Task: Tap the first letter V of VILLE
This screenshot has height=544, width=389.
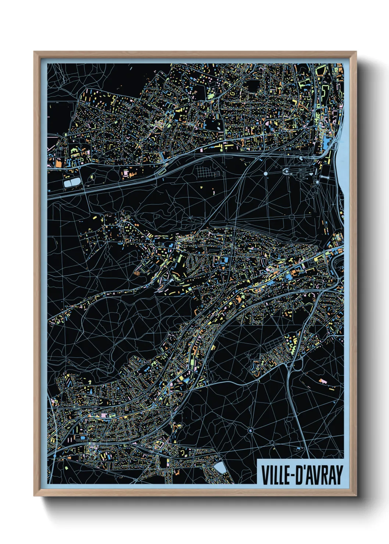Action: [x=264, y=475]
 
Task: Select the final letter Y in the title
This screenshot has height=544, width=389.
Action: [x=339, y=475]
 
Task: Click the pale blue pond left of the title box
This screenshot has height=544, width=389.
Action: [x=220, y=468]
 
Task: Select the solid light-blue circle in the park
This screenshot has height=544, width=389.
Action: [x=265, y=173]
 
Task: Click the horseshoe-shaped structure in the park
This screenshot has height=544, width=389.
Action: [x=286, y=171]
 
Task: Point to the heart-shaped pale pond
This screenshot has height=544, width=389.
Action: [x=311, y=171]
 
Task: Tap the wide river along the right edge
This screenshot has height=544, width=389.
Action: [x=340, y=165]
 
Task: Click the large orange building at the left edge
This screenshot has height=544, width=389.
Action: [x=58, y=163]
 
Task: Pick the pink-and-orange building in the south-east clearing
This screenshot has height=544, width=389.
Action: [x=323, y=381]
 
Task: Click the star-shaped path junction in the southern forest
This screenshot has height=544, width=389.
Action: [x=251, y=430]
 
